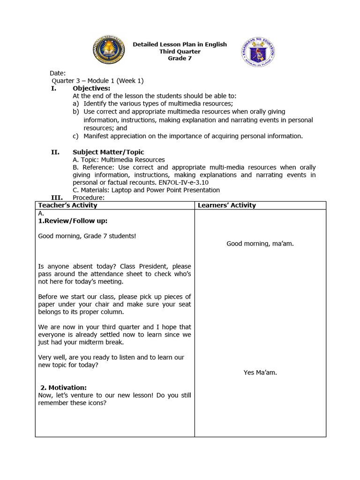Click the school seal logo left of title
click(x=109, y=52)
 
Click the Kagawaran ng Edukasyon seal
click(x=258, y=52)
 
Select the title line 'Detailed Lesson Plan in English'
click(x=180, y=45)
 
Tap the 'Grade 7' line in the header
click(x=180, y=59)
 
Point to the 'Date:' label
click(x=58, y=73)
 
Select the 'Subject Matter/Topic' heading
click(x=108, y=152)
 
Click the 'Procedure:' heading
click(x=88, y=197)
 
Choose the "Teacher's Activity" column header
click(x=68, y=205)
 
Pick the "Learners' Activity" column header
click(x=227, y=205)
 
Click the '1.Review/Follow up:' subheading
click(x=73, y=221)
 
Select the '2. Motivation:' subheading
click(x=63, y=388)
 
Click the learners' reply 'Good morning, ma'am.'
click(x=260, y=243)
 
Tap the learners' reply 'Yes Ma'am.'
click(x=260, y=373)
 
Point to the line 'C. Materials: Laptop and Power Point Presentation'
click(x=146, y=190)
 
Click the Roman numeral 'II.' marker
click(x=55, y=152)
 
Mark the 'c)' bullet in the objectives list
click(x=75, y=136)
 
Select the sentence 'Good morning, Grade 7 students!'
click(x=87, y=236)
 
